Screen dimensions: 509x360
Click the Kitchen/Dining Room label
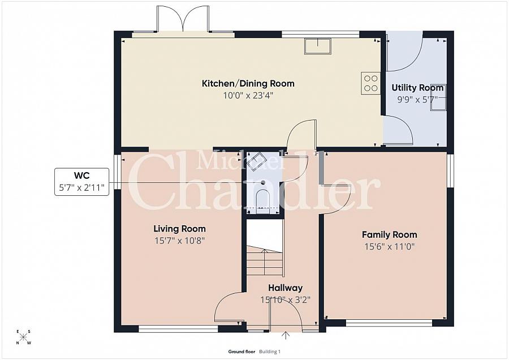(248, 84)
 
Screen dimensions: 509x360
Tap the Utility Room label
(417, 88)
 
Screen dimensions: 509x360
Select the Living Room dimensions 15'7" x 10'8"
(179, 241)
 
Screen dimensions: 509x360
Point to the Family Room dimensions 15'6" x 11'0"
(390, 247)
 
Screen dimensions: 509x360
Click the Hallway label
(286, 288)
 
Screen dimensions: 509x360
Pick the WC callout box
(81, 182)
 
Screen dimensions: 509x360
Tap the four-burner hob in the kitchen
(370, 83)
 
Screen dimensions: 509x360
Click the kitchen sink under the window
(317, 46)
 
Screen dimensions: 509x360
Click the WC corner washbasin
(256, 161)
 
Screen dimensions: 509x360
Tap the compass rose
(23, 337)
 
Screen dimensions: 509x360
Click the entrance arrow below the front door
(286, 335)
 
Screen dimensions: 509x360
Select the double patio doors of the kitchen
(183, 19)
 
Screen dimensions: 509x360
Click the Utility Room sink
(438, 97)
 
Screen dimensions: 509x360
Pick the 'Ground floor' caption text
(241, 352)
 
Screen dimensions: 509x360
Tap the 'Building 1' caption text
(270, 352)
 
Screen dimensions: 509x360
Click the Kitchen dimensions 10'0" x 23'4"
(248, 96)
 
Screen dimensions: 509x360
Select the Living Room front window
(179, 329)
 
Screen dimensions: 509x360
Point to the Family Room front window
(389, 323)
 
